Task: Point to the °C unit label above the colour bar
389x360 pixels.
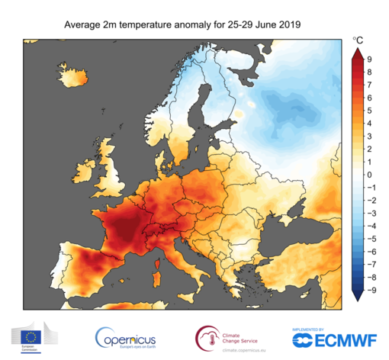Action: click(357, 38)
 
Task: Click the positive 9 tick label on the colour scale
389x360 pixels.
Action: click(369, 59)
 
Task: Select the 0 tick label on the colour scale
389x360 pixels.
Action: click(369, 174)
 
